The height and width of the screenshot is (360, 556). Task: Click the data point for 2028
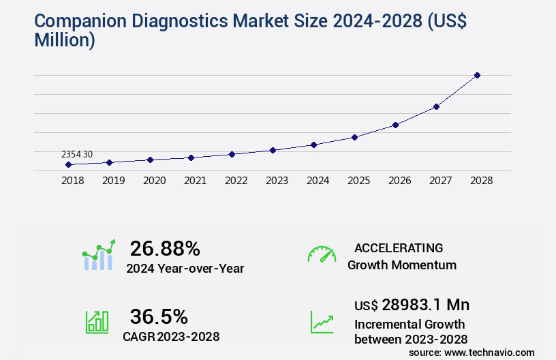point(477,75)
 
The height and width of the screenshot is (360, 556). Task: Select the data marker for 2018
point(68,164)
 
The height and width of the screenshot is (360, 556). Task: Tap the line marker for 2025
point(354,137)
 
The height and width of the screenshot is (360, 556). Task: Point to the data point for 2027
point(436,106)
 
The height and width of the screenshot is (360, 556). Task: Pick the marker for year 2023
point(273,150)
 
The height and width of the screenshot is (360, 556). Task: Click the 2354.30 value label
point(76,155)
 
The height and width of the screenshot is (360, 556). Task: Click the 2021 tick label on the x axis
point(195,181)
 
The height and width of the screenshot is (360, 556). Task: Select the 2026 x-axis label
point(399,181)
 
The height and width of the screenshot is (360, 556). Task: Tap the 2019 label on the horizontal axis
point(113,181)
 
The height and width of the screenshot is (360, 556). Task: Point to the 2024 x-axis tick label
point(318,181)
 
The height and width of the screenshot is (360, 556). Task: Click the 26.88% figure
point(165,248)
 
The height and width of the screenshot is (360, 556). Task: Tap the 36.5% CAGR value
point(158,316)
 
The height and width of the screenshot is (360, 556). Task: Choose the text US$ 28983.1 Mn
point(412,305)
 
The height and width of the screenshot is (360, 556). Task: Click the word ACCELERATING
point(399,248)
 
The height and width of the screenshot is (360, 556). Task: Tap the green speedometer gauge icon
point(322,254)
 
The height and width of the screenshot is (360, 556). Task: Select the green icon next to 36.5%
point(97,322)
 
